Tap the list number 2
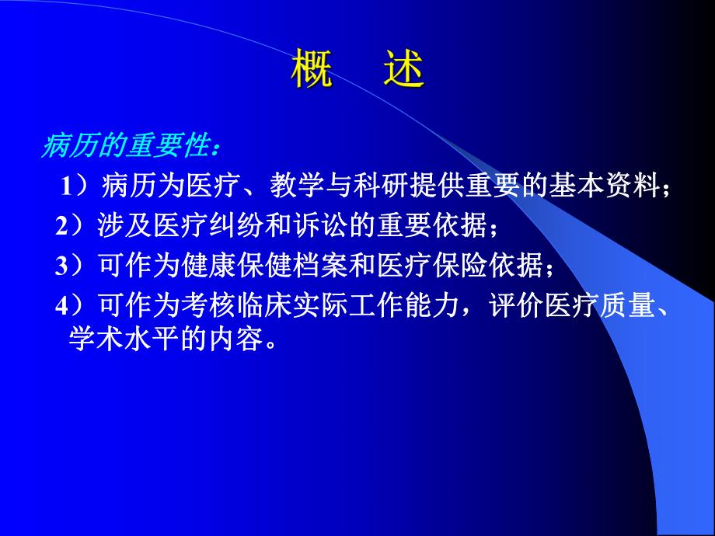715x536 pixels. click(x=61, y=226)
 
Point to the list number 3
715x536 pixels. click(x=61, y=266)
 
